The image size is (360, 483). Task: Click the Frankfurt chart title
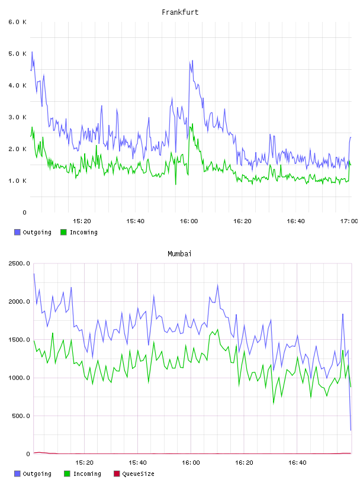(x=180, y=12)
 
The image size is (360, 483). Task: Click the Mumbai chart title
(x=179, y=254)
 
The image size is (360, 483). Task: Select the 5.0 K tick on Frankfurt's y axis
(x=17, y=54)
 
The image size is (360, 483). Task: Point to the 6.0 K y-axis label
(x=17, y=22)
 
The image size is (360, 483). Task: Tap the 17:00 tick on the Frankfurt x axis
(x=349, y=221)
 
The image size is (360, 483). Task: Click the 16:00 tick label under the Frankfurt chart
(x=189, y=221)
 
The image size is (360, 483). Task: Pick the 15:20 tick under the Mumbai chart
(x=84, y=462)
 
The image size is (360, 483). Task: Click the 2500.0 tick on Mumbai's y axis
(x=19, y=263)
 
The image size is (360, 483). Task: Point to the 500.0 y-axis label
(x=21, y=416)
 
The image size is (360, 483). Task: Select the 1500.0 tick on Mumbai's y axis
(x=19, y=340)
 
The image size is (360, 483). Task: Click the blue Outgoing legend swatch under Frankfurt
(x=17, y=232)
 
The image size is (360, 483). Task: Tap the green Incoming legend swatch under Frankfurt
(x=63, y=232)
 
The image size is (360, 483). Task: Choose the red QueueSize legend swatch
(x=117, y=474)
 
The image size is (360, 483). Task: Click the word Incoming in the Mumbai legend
(x=87, y=474)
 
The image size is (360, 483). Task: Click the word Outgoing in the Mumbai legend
(x=37, y=474)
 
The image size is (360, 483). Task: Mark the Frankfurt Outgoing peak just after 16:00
(x=192, y=61)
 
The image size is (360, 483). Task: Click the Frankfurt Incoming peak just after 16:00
(x=192, y=124)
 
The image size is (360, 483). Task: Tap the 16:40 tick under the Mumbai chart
(x=297, y=462)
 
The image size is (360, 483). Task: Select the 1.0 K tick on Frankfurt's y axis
(x=17, y=181)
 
